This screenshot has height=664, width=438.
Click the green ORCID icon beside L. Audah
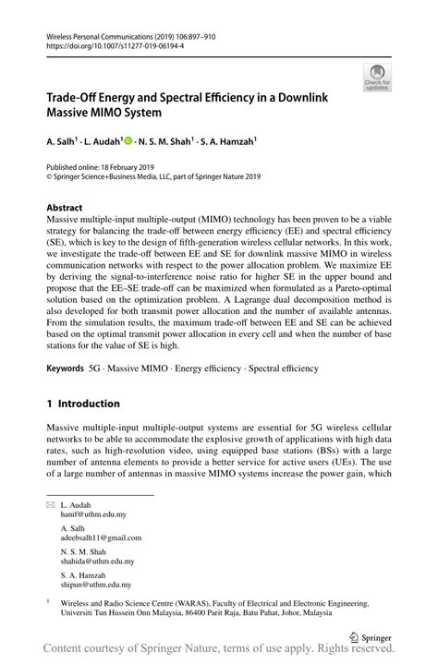pyautogui.click(x=128, y=143)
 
